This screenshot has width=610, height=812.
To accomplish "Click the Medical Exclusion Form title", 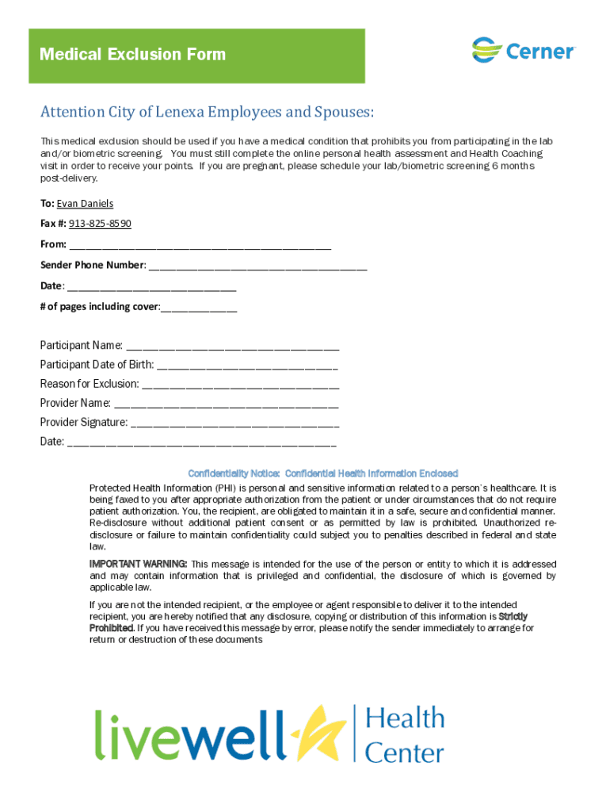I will pyautogui.click(x=132, y=55).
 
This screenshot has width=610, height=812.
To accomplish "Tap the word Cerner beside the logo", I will pyautogui.click(x=539, y=52).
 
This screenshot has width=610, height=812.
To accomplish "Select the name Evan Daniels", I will pyautogui.click(x=85, y=204).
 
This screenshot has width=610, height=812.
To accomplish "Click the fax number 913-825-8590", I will pyautogui.click(x=100, y=224).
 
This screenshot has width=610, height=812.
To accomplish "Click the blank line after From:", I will pyautogui.click(x=200, y=245).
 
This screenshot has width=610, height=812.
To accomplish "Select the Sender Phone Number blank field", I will pyautogui.click(x=257, y=266).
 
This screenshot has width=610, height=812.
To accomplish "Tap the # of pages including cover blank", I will pyautogui.click(x=199, y=307).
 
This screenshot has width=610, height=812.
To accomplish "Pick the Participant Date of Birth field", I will pyautogui.click(x=247, y=366).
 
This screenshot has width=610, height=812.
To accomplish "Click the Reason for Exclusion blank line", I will pyautogui.click(x=241, y=385).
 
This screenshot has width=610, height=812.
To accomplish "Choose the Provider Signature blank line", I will pyautogui.click(x=234, y=423).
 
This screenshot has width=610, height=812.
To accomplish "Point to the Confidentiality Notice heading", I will pyautogui.click(x=322, y=473).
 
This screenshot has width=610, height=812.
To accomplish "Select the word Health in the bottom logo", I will pyautogui.click(x=404, y=718).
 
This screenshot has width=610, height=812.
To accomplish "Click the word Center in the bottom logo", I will pyautogui.click(x=404, y=751).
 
